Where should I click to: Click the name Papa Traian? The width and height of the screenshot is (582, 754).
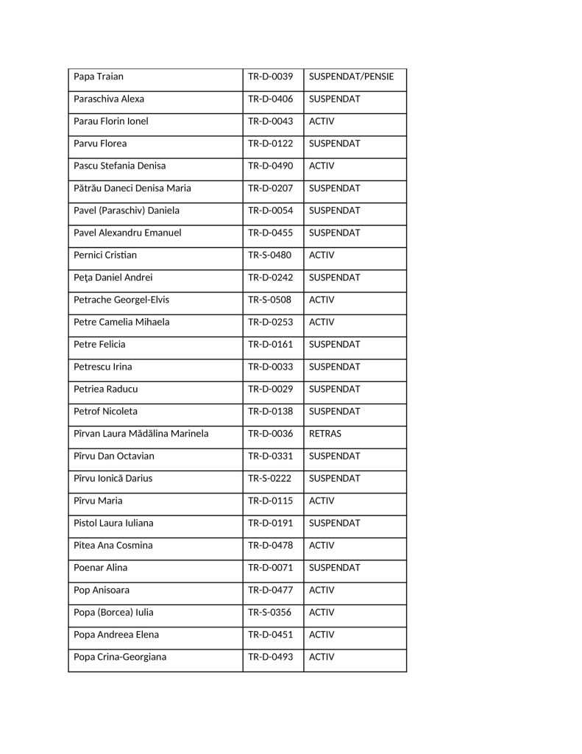(99, 77)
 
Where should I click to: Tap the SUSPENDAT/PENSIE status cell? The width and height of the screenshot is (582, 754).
(351, 77)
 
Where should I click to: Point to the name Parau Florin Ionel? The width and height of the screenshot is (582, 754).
(111, 121)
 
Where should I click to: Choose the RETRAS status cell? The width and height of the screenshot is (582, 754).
(325, 434)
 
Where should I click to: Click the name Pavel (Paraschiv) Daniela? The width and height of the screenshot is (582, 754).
(127, 211)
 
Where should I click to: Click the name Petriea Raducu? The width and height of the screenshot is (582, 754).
(106, 389)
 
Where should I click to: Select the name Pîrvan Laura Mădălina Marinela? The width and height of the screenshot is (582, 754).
(141, 434)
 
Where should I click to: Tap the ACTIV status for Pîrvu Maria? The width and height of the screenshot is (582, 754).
(322, 501)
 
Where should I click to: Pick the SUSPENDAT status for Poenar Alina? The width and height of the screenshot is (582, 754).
(335, 568)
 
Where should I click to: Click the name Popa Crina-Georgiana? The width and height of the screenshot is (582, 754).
(120, 657)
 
